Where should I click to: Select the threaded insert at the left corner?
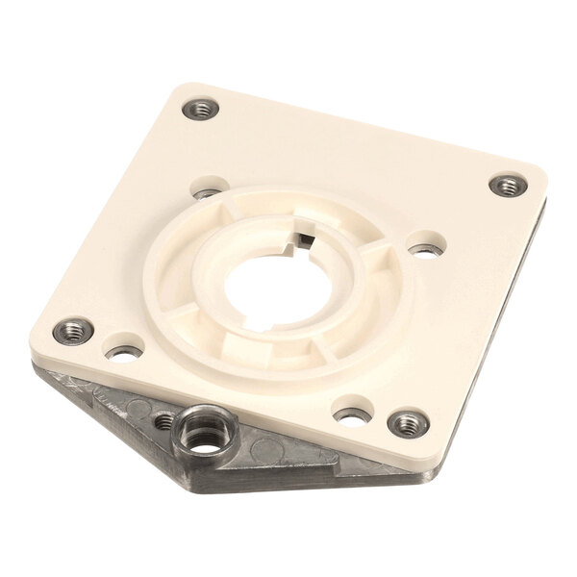click(x=70, y=332)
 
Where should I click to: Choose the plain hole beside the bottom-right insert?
click(x=350, y=415)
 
